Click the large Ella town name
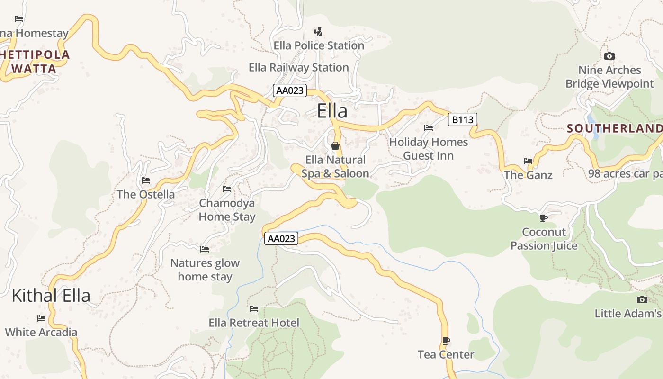(332, 111)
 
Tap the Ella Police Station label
(319, 45)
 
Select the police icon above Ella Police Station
(319, 32)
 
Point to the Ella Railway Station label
(299, 67)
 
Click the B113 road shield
(462, 119)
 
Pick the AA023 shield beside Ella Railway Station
(290, 90)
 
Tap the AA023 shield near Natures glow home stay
(281, 238)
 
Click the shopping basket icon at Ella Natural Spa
(335, 146)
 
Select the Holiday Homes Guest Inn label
(428, 149)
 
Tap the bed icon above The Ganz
(528, 161)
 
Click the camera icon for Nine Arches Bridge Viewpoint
(609, 56)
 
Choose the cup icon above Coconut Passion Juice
(544, 218)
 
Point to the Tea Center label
(446, 354)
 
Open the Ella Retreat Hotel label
(254, 323)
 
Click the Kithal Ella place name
(51, 295)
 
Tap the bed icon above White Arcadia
(41, 318)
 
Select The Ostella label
(145, 194)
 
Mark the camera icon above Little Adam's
(642, 299)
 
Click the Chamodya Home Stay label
(227, 210)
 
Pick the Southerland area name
(614, 128)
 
